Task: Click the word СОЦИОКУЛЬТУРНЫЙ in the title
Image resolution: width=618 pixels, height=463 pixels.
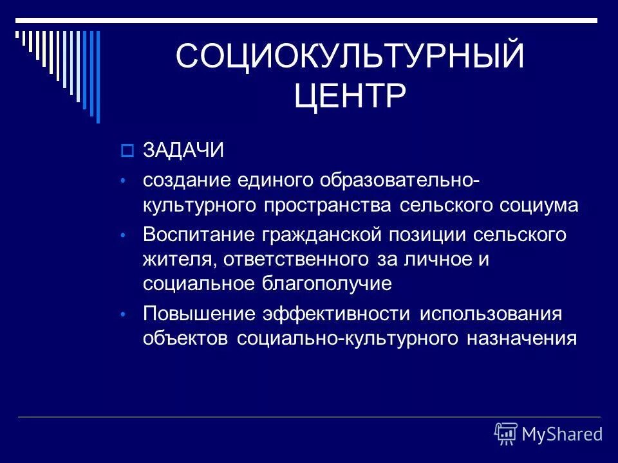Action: [350, 57]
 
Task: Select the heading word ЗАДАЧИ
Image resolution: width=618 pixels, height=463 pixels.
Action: [183, 150]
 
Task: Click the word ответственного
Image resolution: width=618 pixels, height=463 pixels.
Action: [304, 259]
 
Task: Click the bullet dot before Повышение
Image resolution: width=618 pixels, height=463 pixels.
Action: [126, 314]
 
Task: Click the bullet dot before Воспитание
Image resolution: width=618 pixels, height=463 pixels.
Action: [126, 235]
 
